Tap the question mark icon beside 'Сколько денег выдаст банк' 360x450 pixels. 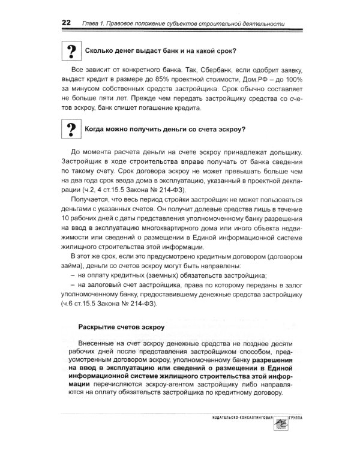71,50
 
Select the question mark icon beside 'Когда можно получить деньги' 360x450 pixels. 71,129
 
